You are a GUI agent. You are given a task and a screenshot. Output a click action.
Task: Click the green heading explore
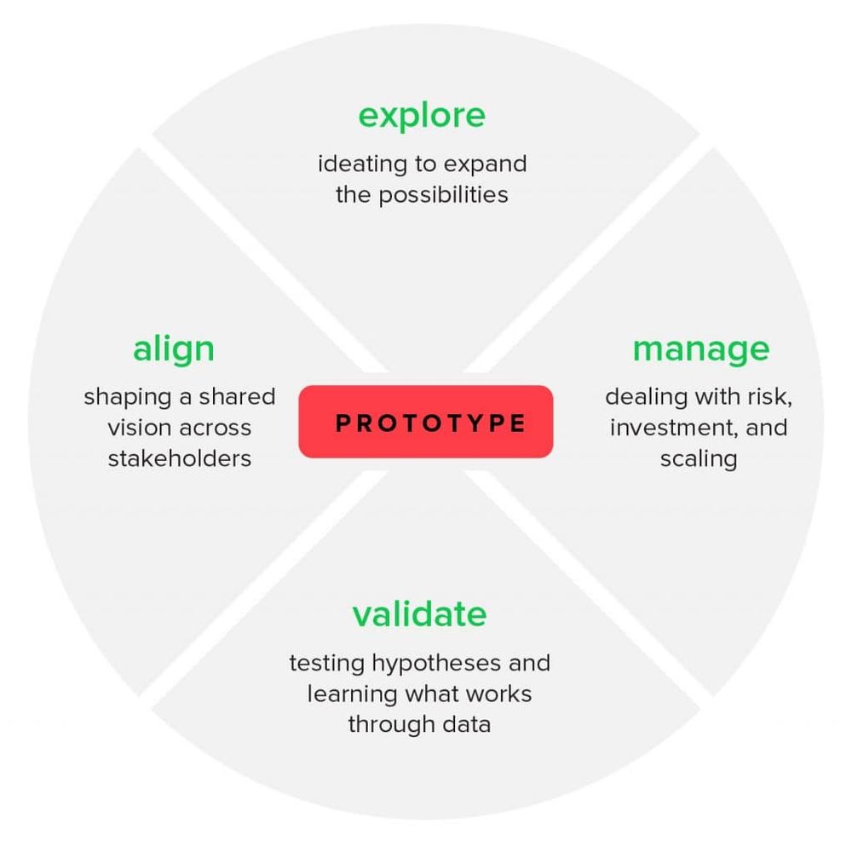(x=422, y=116)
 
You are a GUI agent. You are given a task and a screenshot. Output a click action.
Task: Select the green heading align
(x=173, y=348)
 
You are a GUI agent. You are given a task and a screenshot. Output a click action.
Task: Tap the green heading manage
(x=701, y=350)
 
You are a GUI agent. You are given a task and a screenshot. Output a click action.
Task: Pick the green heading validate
(x=419, y=614)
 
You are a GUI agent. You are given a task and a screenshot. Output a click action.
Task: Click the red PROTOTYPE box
(x=426, y=422)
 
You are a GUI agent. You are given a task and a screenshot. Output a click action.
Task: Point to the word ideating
(x=362, y=164)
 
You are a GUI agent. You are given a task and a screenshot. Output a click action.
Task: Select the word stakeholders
(x=179, y=458)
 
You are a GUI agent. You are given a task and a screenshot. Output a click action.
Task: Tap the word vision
(x=139, y=428)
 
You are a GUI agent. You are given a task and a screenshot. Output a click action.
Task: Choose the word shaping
(x=127, y=398)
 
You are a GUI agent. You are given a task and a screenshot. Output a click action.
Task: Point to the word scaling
(x=699, y=460)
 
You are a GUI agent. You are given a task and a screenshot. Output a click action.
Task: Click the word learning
(x=352, y=694)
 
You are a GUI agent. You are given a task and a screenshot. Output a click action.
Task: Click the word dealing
(x=647, y=398)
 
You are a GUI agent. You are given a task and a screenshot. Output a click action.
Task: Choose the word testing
(x=326, y=664)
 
